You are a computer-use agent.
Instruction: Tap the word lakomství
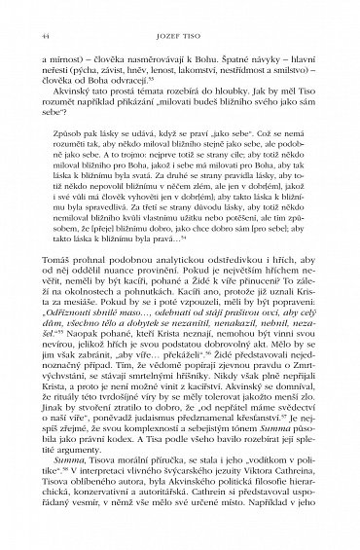click(x=214, y=84)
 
